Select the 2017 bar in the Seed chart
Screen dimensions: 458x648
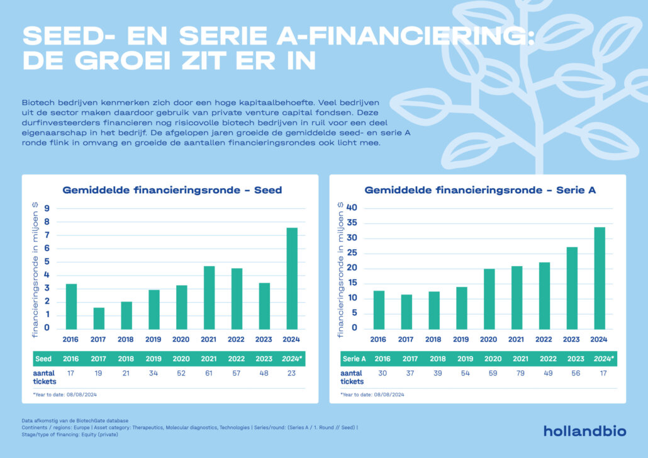point(99,318)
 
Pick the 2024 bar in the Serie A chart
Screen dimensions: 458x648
point(600,277)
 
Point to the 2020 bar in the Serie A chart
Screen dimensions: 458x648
point(489,298)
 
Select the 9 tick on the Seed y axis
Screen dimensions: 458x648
point(47,208)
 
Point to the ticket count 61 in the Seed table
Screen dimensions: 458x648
point(209,372)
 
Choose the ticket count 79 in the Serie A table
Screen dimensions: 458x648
point(517,372)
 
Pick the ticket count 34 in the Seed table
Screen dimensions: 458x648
point(154,372)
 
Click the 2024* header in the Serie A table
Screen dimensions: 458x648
point(604,359)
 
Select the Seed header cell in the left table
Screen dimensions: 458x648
point(43,359)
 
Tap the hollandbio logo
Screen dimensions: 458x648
point(585,431)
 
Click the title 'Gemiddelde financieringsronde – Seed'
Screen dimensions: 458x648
point(172,189)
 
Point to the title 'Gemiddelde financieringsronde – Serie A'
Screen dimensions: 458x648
point(480,189)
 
